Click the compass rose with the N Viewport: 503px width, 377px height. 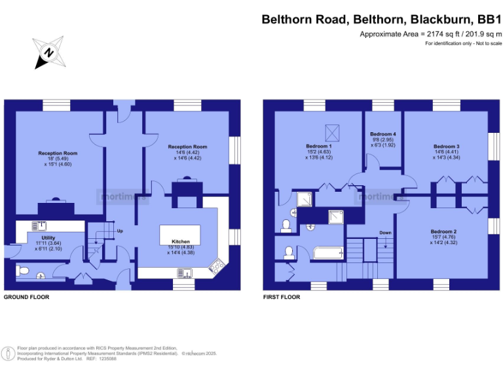[49, 52]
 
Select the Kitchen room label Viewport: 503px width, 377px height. [180, 242]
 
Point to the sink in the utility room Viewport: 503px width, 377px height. [41, 226]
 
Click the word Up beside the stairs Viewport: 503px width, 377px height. [119, 231]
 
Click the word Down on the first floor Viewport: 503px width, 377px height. [385, 232]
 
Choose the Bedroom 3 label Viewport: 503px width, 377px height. [446, 146]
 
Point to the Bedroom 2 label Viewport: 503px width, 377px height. [443, 232]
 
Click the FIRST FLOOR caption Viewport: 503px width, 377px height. [282, 296]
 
